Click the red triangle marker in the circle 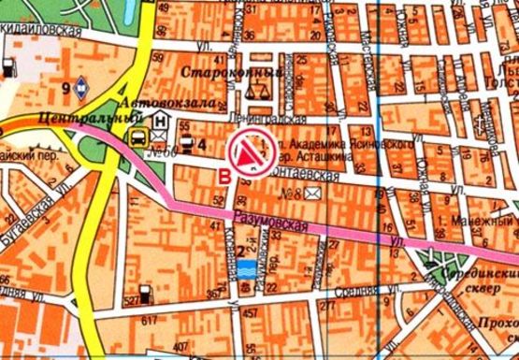click(x=251, y=151)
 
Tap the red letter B click(x=223, y=174)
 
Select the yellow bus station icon click(x=137, y=140)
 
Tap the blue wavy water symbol click(x=249, y=269)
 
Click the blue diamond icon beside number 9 click(x=83, y=89)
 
